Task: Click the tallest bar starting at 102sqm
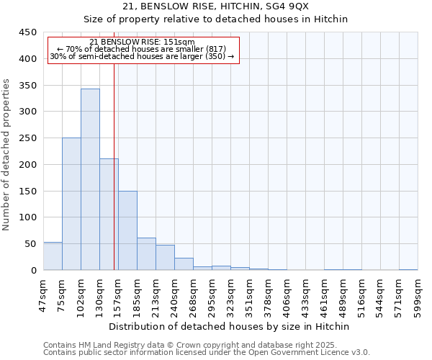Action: [90, 179]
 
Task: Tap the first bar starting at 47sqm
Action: [53, 256]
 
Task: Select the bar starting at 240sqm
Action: [184, 264]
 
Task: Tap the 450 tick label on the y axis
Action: [27, 32]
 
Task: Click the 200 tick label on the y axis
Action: [27, 165]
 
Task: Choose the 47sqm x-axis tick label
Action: [44, 292]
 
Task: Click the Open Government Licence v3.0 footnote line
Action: [207, 352]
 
